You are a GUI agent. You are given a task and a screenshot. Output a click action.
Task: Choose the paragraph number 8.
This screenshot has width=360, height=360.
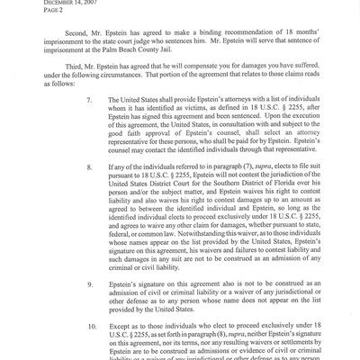[x=90, y=193]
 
